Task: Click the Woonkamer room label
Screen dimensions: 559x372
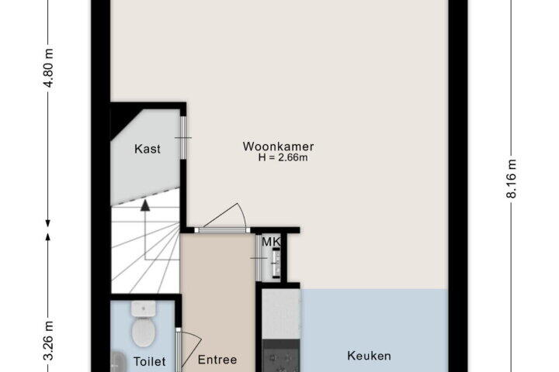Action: [x=278, y=146]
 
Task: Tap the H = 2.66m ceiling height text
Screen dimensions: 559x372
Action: [x=283, y=157]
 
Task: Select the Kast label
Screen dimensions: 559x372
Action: [x=148, y=149]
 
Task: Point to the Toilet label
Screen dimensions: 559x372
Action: [x=149, y=362]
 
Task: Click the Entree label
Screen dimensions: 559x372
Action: [x=217, y=360]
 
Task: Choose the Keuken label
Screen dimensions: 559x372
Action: [x=369, y=356]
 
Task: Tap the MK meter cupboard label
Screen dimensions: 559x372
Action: [x=271, y=242]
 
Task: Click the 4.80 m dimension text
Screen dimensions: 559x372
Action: [x=49, y=68]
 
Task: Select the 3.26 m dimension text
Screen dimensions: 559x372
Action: [x=49, y=341]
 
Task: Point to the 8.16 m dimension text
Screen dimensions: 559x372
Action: [x=512, y=179]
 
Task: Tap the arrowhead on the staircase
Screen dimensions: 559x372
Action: [x=145, y=205]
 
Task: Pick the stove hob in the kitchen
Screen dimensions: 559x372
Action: [x=281, y=356]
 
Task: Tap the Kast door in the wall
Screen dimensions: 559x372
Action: [x=183, y=137]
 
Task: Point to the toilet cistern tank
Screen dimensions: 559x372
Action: [x=144, y=308]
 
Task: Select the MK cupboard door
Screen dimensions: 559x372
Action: [x=259, y=258]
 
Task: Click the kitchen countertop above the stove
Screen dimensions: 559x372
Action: [x=281, y=314]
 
